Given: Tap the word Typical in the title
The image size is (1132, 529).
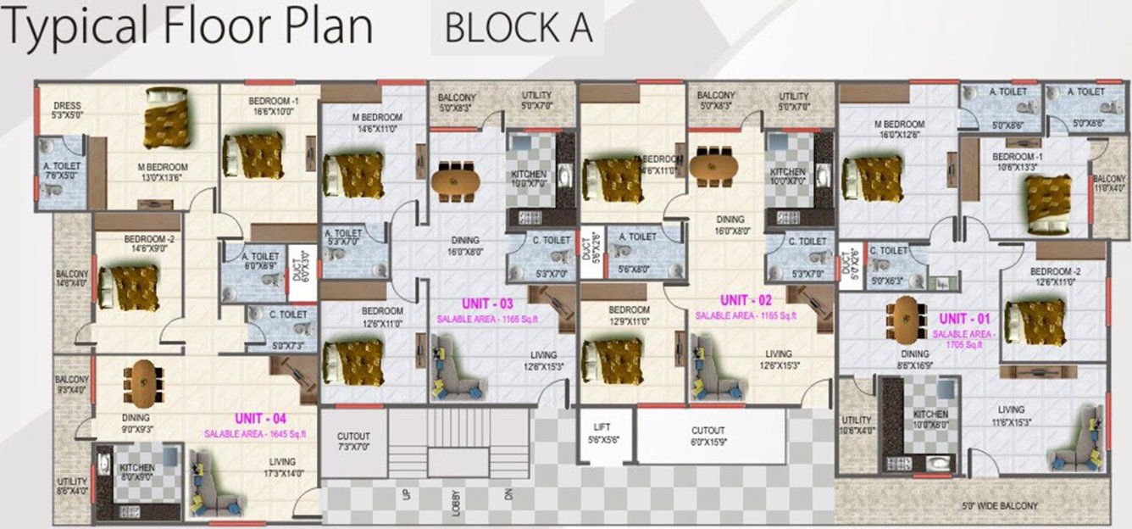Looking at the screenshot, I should click(75, 28).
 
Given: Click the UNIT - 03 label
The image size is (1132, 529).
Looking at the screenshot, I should click(487, 303).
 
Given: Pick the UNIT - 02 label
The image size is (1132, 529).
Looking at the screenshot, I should click(746, 300).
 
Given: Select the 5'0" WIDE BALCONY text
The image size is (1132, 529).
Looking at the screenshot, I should click(1000, 506).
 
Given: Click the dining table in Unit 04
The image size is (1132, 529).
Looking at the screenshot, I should click(141, 382).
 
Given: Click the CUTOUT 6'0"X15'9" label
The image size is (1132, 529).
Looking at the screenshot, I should click(707, 436).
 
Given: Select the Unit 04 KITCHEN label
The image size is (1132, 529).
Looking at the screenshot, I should click(136, 468).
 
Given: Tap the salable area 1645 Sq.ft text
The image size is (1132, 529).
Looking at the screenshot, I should click(254, 434).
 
